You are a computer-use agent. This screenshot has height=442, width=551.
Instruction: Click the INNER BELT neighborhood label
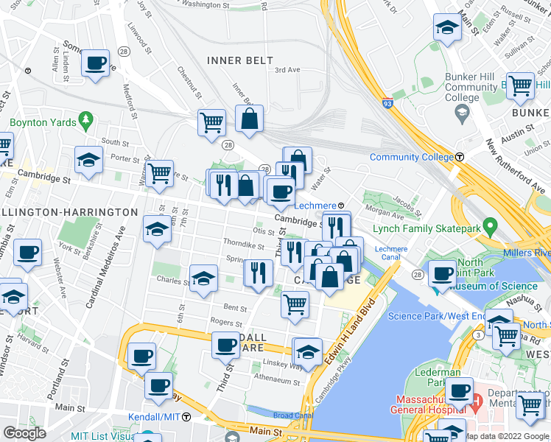point(240,60)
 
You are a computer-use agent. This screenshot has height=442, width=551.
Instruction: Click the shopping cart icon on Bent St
point(295,303)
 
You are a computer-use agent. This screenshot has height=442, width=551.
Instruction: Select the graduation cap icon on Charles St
point(203,278)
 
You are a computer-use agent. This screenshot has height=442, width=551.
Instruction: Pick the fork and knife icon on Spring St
point(257,274)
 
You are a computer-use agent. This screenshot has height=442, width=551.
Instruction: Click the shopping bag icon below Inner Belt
point(250,119)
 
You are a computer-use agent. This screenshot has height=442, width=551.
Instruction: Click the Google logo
point(24,433)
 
